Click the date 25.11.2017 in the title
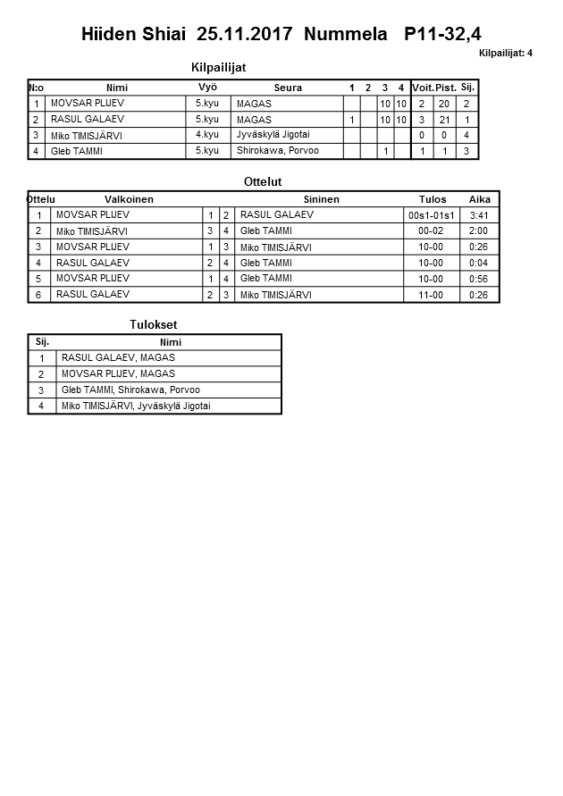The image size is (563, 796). (x=245, y=35)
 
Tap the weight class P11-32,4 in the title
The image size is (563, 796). (x=442, y=35)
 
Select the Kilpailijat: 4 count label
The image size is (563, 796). (x=505, y=54)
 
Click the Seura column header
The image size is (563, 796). (x=288, y=88)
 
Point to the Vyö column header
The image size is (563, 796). (x=207, y=88)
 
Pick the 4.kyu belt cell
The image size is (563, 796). (x=207, y=135)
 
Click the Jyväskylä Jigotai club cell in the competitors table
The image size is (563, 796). (x=273, y=135)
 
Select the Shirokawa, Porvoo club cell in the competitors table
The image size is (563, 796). (x=278, y=151)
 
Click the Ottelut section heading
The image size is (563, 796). (x=263, y=182)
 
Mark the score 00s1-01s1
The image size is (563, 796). (x=432, y=215)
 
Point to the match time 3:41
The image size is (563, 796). (x=478, y=215)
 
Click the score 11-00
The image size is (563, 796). (x=432, y=295)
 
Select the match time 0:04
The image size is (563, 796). (x=478, y=263)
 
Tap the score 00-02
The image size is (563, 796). (x=432, y=231)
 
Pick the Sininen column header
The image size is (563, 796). (x=321, y=199)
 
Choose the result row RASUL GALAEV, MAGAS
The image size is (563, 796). (x=118, y=358)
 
